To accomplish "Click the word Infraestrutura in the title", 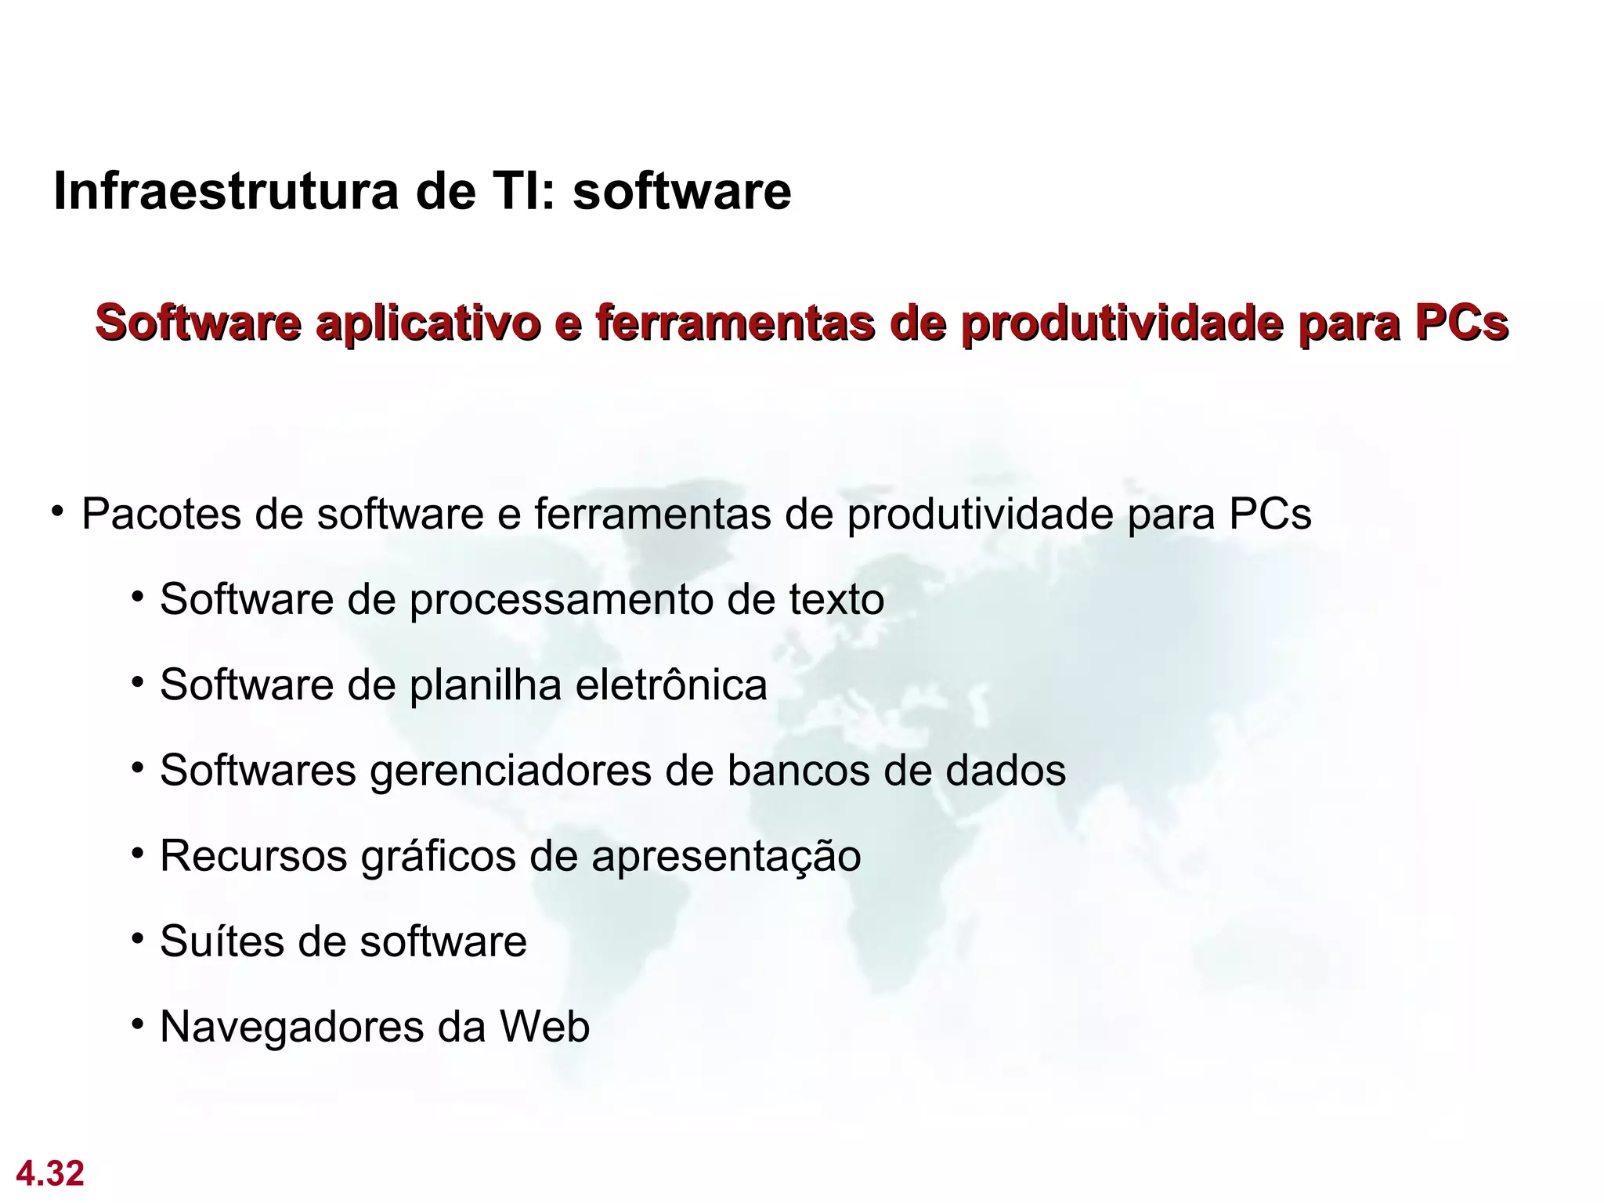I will (226, 191).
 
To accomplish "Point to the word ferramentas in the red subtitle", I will (735, 323).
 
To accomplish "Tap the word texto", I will (836, 600).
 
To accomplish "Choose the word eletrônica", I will (671, 685).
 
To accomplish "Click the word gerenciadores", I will (510, 771).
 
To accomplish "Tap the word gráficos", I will (438, 857).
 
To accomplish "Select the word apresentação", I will (726, 857).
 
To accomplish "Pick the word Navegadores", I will (291, 1028).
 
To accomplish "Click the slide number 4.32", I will (50, 1173).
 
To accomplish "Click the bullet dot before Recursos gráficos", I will (138, 853).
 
